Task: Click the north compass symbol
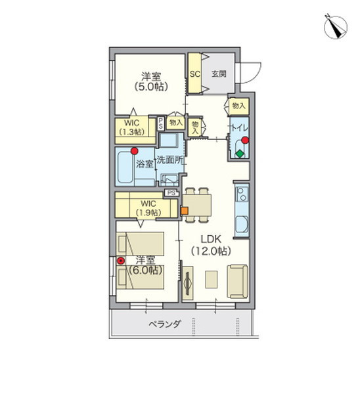coord(335,27)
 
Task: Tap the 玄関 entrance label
coord(219,74)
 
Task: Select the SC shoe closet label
coord(195,74)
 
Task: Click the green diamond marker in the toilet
coord(240,154)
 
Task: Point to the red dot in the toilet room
coord(245,140)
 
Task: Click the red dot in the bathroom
coord(135,151)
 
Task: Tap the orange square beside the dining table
coord(185,211)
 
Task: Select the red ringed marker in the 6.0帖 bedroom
coord(121,261)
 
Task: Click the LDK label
coord(211,239)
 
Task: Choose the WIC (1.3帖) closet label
coord(132,127)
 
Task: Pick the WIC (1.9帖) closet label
coord(148,208)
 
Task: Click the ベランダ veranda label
coord(164,324)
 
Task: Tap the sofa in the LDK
coord(238,281)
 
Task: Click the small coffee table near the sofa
coord(211,279)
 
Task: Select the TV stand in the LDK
coord(187,283)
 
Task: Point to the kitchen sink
coord(242,225)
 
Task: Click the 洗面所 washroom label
coord(169,160)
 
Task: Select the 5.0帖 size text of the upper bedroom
coord(151,87)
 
